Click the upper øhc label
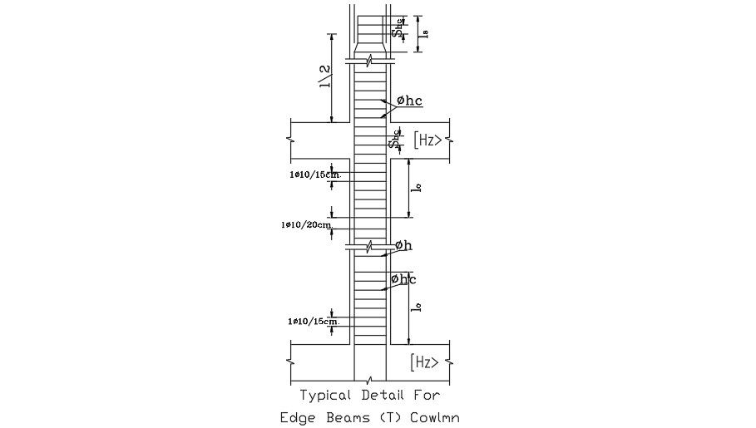(x=409, y=101)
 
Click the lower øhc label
(x=403, y=279)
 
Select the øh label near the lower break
(x=403, y=245)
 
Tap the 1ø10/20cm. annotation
(x=308, y=224)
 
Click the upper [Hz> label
(x=428, y=140)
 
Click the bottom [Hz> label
(x=426, y=362)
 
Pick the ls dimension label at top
(x=424, y=32)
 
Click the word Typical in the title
(x=327, y=396)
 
